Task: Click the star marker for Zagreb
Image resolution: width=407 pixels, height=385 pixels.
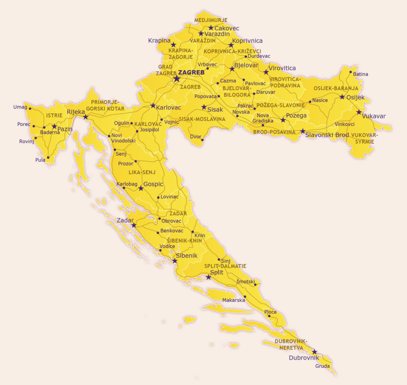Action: pos(176,79)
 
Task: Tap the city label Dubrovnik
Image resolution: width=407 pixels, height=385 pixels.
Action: pos(304,358)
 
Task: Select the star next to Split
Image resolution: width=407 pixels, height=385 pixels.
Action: pos(209,277)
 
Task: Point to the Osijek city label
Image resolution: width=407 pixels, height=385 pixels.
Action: pos(355,97)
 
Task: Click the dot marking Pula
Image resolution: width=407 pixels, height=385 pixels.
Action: pos(48,158)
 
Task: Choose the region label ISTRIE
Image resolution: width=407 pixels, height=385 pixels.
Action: pos(54,115)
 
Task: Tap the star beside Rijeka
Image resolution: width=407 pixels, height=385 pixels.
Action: pos(85,117)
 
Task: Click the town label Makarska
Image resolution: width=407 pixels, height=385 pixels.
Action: pos(234,300)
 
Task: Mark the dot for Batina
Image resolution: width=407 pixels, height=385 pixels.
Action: pos(351,72)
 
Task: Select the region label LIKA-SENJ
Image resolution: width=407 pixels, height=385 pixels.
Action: pos(142,172)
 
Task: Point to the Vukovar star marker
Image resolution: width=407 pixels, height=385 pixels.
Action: pos(359,112)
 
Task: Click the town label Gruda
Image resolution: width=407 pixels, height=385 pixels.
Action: pos(322,366)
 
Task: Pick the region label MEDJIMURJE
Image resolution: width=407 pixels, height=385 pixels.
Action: pos(211,20)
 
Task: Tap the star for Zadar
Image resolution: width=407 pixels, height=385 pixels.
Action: pos(134,225)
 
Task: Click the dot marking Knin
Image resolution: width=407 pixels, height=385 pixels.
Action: pos(193,232)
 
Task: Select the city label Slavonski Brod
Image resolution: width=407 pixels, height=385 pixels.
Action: pos(327,135)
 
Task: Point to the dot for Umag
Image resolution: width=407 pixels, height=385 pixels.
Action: pos(30,108)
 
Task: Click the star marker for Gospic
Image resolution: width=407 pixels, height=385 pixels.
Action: pos(141,188)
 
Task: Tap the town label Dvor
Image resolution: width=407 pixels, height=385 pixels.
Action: pos(195,137)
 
